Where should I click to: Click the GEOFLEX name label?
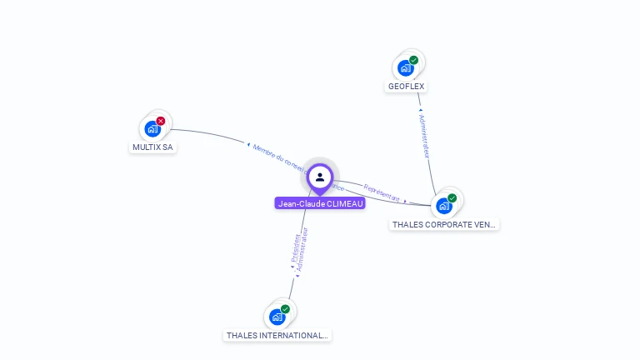pos(407,86)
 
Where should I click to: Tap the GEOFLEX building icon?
pos(406,67)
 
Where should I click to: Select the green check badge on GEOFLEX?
pos(413,60)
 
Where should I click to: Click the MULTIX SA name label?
pos(152,147)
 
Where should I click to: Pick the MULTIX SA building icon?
pos(152,128)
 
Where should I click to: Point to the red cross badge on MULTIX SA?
pos(161,121)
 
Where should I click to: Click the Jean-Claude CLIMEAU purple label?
pos(320,203)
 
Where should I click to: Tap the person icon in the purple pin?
pos(320,177)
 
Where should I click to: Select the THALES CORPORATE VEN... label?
pos(444,224)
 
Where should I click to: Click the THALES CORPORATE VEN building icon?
pos(444,205)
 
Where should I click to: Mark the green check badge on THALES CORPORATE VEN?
pos(452,198)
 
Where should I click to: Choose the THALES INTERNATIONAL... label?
pos(277,335)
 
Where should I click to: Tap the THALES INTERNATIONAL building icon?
pos(277,317)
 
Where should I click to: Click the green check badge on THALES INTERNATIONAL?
pos(285,309)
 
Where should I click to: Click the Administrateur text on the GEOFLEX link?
pos(425,135)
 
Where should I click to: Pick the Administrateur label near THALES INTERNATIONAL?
pos(304,247)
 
